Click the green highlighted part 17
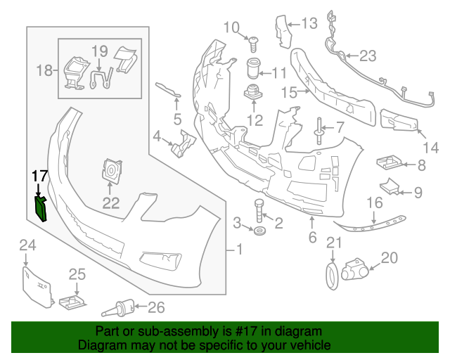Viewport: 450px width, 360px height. pos(41,208)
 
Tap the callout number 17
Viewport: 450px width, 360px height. pos(39,176)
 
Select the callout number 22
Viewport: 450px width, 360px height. pos(111,204)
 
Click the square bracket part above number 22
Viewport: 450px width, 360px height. pos(111,170)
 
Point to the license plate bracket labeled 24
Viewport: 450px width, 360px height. pos(37,284)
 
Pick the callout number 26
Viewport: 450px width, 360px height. pos(155,307)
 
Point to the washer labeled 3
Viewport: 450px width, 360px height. pos(259,231)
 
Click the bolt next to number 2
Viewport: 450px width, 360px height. pos(259,210)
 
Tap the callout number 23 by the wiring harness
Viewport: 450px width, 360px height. pos(368,56)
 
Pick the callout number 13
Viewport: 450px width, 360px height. pos(309,24)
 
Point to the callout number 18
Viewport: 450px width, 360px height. pos(44,70)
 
